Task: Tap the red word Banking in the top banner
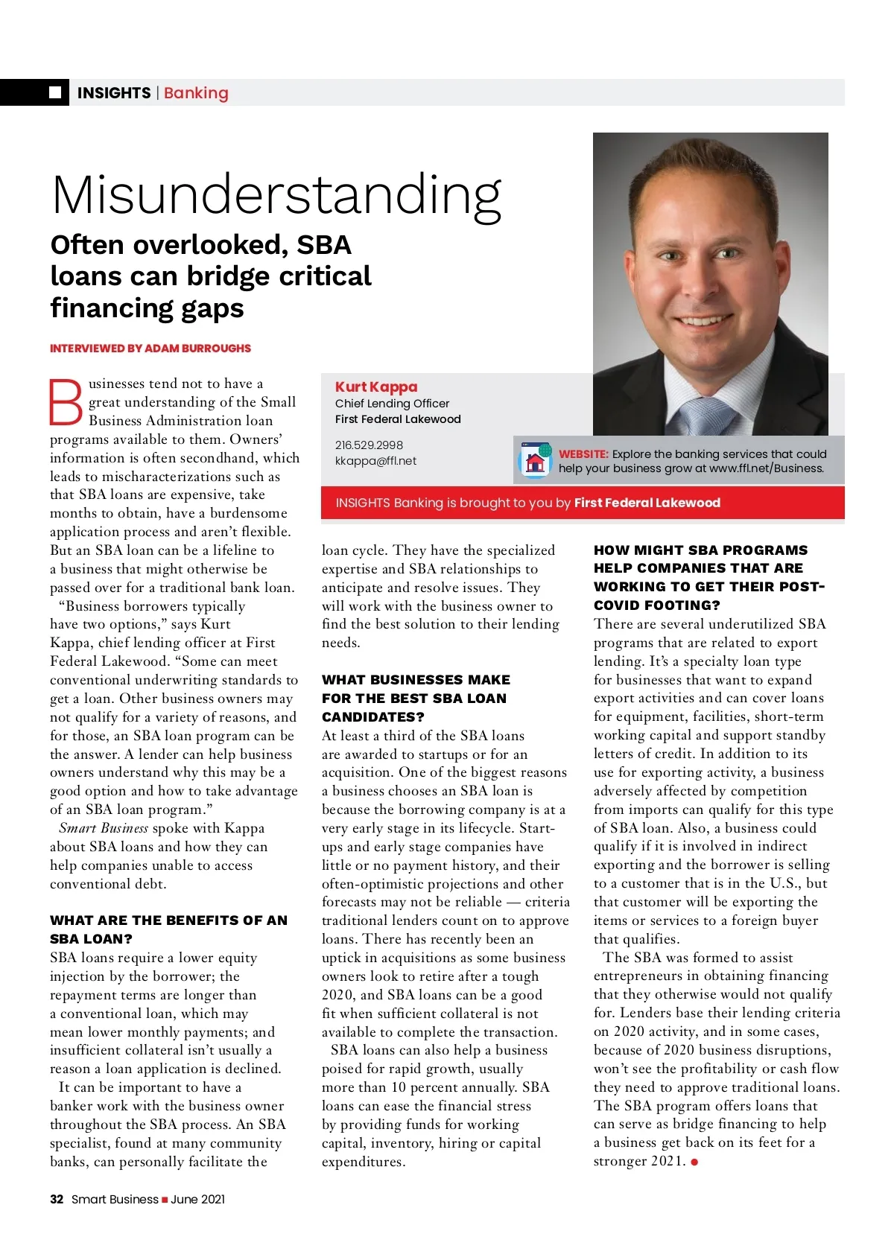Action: [x=196, y=93]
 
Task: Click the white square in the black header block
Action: [x=55, y=92]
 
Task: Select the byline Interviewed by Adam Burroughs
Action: [x=150, y=349]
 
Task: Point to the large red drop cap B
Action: [x=66, y=403]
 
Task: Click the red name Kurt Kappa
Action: [x=376, y=387]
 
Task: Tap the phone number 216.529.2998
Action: [x=369, y=445]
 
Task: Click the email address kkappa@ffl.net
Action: [x=375, y=461]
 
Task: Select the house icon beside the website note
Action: [x=535, y=461]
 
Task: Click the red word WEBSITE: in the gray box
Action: [x=583, y=454]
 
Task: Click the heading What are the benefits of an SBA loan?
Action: [x=168, y=929]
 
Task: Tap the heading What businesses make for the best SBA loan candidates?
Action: [x=416, y=699]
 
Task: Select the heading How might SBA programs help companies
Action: [x=708, y=578]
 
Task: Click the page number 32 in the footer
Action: [x=57, y=1199]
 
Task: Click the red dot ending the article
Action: [x=694, y=1162]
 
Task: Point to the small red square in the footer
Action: [x=165, y=1200]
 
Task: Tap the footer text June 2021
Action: [x=197, y=1199]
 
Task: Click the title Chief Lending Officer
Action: [x=392, y=404]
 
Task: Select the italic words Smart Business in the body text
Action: [x=104, y=828]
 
